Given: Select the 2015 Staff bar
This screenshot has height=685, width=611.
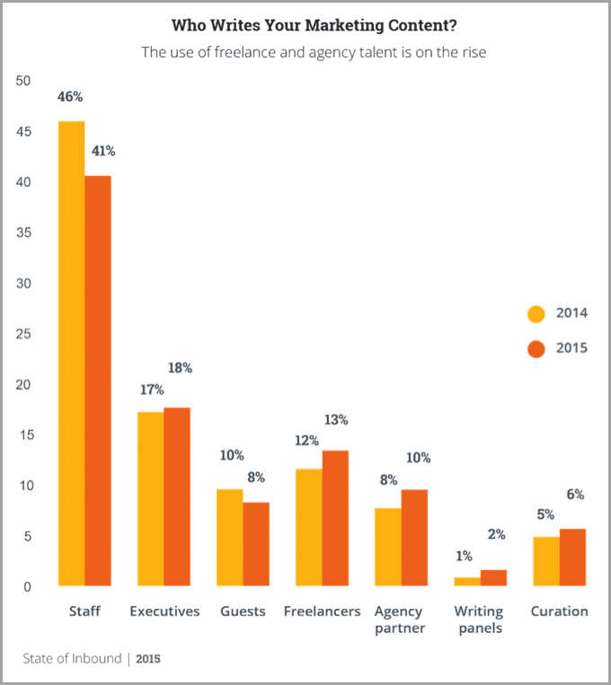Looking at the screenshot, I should (98, 381).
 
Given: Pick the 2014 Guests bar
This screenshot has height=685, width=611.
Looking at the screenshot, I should (229, 538).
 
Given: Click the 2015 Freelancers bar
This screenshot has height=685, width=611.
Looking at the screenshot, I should (334, 518).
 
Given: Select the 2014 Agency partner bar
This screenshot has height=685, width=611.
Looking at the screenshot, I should (387, 547).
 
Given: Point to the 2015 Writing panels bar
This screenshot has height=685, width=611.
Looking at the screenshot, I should (492, 577).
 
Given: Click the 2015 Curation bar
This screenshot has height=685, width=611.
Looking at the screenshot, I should (572, 558).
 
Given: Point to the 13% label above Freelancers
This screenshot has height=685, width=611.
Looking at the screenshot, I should (335, 420).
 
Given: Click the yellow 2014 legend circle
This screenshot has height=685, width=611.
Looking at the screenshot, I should (536, 313).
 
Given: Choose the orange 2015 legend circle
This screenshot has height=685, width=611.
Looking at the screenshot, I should (536, 348).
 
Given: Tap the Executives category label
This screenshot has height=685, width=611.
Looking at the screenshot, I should (164, 612).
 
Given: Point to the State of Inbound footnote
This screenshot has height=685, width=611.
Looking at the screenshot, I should (93, 660).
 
